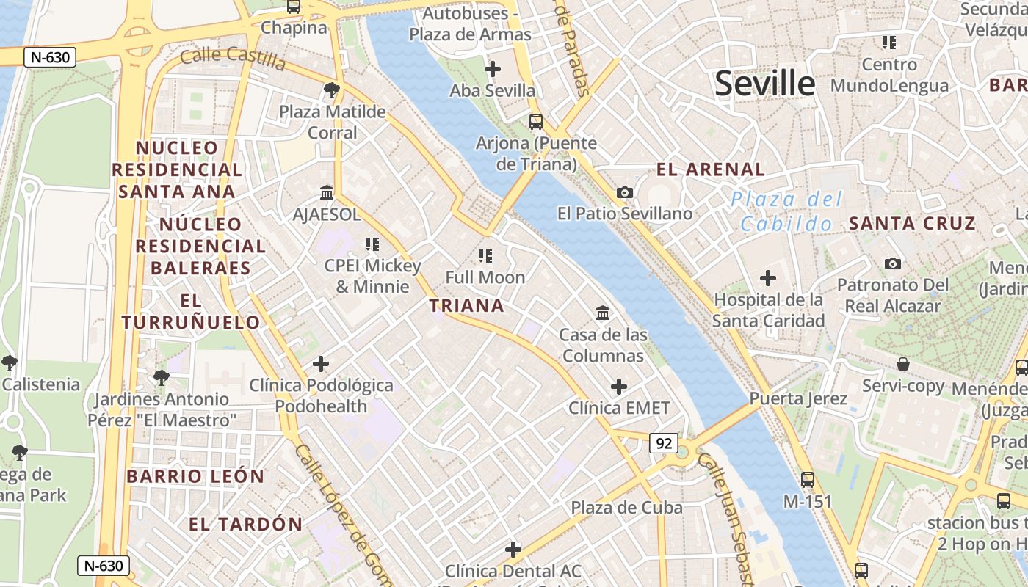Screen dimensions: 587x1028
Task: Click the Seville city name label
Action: click(x=764, y=83)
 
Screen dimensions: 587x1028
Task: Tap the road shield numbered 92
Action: click(x=663, y=443)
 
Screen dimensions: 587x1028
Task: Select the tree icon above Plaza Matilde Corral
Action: click(x=332, y=90)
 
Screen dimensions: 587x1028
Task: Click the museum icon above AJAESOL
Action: click(x=327, y=193)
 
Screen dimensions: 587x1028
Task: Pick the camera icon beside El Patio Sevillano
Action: click(x=625, y=192)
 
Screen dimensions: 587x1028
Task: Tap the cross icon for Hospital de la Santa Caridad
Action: click(x=768, y=278)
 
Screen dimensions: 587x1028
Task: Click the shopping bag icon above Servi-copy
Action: click(x=903, y=364)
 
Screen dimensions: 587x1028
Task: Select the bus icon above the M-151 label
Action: click(x=808, y=480)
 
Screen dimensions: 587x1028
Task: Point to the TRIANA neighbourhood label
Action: click(x=467, y=306)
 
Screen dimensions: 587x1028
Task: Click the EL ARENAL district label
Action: click(x=710, y=169)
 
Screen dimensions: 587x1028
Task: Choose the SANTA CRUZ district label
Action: click(x=912, y=223)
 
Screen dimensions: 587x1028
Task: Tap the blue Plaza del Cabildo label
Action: click(x=786, y=211)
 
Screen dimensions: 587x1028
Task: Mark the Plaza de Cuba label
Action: click(x=626, y=507)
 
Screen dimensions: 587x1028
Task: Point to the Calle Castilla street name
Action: click(x=233, y=57)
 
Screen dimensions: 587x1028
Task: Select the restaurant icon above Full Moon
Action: click(x=485, y=256)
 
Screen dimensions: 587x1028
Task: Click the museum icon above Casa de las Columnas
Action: click(x=603, y=313)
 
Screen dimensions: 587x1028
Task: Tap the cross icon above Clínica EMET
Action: click(x=619, y=387)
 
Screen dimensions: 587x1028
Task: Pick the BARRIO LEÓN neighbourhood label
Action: click(x=195, y=476)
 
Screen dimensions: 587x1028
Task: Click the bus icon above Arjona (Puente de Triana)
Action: click(x=536, y=122)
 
